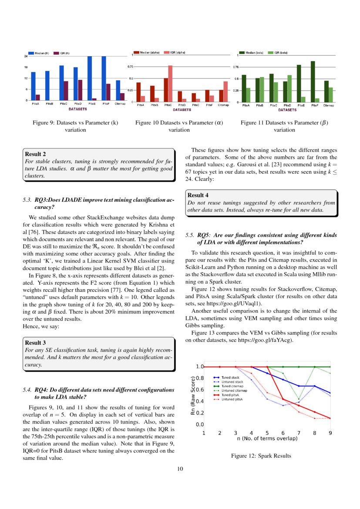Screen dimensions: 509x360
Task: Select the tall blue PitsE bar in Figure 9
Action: click(x=90, y=78)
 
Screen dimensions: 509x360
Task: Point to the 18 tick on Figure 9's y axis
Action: click(x=26, y=67)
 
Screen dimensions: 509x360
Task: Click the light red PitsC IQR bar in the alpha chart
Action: click(x=170, y=84)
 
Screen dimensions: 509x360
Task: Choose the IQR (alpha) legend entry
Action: click(x=175, y=52)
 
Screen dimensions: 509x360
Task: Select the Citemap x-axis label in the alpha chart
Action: click(x=223, y=105)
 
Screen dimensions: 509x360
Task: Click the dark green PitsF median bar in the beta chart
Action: click(x=313, y=81)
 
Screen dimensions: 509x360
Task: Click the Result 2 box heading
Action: click(x=35, y=154)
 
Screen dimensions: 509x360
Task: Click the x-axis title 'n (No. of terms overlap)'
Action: click(x=267, y=438)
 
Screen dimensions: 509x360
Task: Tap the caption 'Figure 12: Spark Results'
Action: click(x=261, y=456)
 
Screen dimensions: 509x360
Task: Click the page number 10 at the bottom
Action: click(x=180, y=469)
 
